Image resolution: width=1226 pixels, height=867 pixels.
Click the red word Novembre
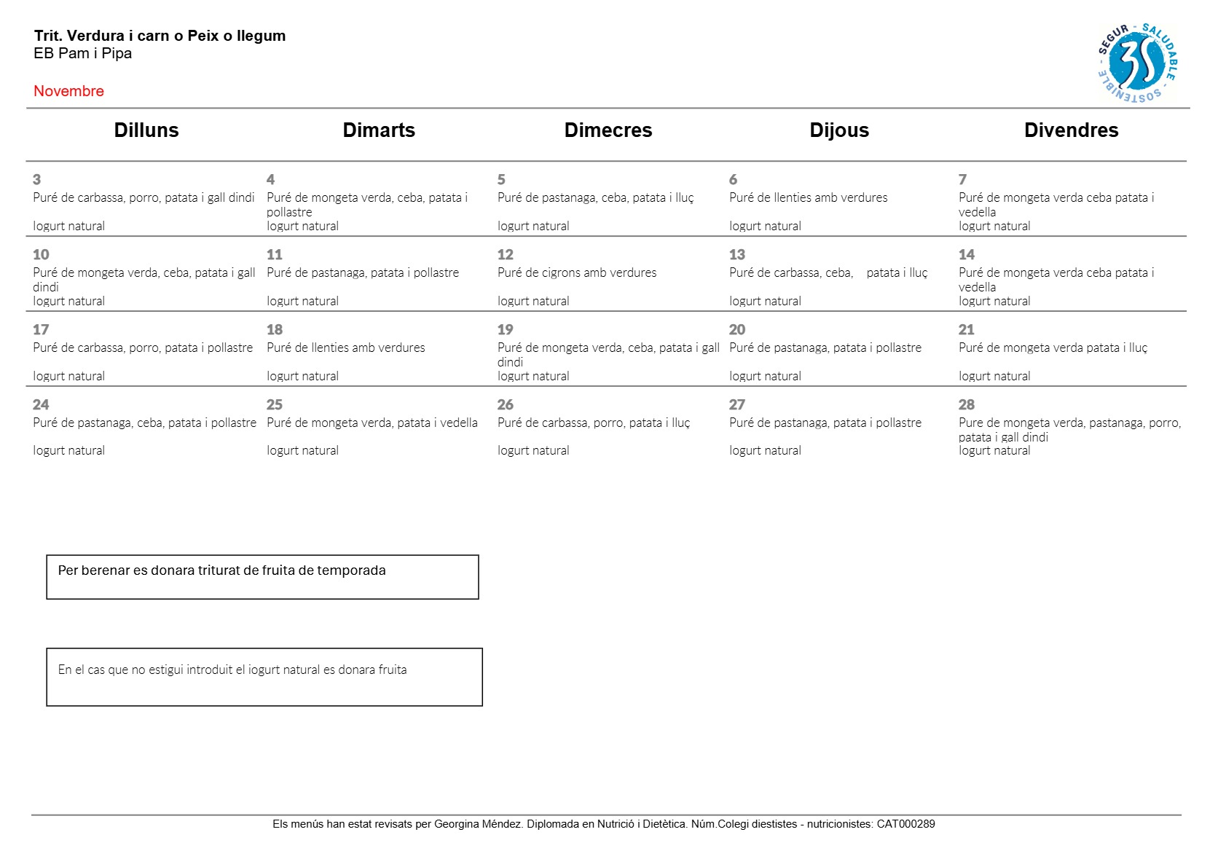click(x=68, y=91)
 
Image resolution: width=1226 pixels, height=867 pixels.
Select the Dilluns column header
click(x=146, y=130)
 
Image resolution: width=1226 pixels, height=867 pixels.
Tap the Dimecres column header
click(x=608, y=130)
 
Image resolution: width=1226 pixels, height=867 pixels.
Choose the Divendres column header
click(x=1071, y=130)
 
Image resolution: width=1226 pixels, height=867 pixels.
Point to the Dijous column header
click(x=839, y=130)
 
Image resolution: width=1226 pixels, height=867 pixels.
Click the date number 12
click(x=506, y=255)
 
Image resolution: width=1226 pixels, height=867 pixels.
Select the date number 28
click(x=967, y=405)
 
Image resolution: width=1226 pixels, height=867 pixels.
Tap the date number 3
click(x=37, y=180)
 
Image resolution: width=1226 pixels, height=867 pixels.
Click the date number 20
click(x=737, y=330)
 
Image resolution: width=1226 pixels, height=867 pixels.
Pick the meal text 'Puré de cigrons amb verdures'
click(x=577, y=273)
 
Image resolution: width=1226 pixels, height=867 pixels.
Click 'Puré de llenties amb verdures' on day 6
click(x=809, y=198)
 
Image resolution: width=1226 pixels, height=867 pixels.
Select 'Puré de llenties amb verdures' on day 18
click(x=346, y=348)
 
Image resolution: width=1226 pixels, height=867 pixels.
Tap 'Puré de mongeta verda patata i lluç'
click(x=1053, y=348)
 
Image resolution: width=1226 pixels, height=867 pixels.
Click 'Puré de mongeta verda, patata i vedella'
click(x=372, y=423)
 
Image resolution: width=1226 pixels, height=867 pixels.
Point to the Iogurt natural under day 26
click(x=533, y=451)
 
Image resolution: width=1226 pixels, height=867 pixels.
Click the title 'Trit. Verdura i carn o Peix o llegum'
click(x=160, y=36)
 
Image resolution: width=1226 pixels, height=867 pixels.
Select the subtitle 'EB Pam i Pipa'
click(x=82, y=53)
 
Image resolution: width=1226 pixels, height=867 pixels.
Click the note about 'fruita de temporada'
click(x=222, y=570)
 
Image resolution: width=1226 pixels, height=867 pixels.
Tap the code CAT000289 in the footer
click(x=905, y=824)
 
